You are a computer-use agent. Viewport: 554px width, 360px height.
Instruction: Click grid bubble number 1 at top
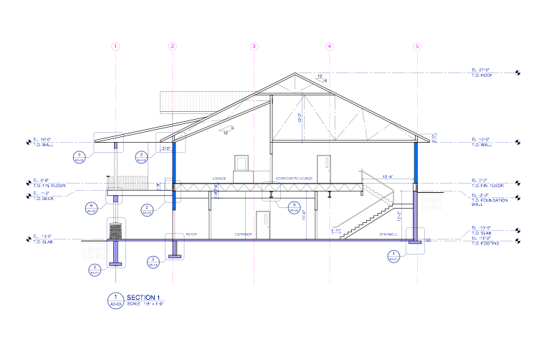click(x=115, y=47)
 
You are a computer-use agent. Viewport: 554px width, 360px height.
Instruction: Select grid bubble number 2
click(x=173, y=47)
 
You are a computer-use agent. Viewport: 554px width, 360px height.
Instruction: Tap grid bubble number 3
click(x=254, y=47)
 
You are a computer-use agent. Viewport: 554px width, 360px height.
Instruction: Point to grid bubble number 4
click(x=330, y=47)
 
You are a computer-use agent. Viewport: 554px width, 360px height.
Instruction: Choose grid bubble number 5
click(x=417, y=47)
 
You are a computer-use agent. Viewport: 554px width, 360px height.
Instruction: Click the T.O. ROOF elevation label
click(x=482, y=75)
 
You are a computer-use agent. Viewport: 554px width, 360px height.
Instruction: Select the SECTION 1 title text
click(x=143, y=297)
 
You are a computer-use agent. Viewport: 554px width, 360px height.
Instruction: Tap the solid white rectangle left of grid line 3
click(x=243, y=177)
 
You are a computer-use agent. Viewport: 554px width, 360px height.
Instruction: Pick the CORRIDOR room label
click(x=243, y=235)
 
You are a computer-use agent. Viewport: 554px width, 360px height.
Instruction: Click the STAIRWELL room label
click(x=388, y=235)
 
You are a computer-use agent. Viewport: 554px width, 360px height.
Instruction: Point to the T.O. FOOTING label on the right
click(x=485, y=244)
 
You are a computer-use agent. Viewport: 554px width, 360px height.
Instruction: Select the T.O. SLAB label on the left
click(x=42, y=242)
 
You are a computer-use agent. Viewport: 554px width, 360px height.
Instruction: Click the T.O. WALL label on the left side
click(x=42, y=144)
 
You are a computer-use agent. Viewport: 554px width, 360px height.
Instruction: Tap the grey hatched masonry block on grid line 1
click(x=116, y=232)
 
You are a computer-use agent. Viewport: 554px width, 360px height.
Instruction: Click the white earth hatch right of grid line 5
click(x=431, y=202)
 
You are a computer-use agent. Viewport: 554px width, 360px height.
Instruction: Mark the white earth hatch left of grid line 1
click(x=96, y=250)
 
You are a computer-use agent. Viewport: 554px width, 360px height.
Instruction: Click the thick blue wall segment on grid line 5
click(x=416, y=162)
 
